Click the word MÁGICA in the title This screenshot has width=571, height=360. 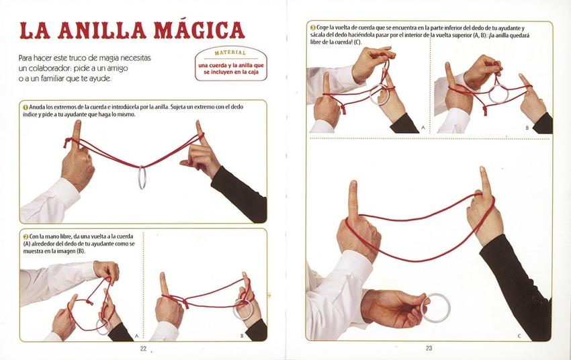click(x=200, y=31)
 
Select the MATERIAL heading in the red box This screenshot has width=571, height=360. click(x=230, y=53)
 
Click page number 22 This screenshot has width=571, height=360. click(x=143, y=349)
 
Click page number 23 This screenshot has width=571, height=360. click(x=429, y=349)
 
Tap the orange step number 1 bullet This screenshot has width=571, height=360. click(x=26, y=107)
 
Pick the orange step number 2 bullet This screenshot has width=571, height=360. click(x=26, y=236)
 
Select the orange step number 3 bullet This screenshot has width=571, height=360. click(x=313, y=28)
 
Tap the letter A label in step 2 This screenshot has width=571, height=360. click(x=136, y=336)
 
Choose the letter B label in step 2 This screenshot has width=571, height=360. click(x=242, y=336)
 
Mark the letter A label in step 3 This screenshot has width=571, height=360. click(x=423, y=128)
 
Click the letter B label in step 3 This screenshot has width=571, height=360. click(x=527, y=128)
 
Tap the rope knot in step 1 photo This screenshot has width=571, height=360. click(x=67, y=142)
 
